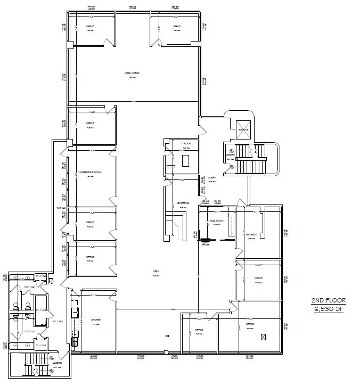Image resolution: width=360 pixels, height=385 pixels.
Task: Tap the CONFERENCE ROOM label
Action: click(x=90, y=173)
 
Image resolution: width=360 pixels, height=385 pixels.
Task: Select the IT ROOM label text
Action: click(x=186, y=144)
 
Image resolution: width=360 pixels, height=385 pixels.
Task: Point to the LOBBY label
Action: click(x=212, y=177)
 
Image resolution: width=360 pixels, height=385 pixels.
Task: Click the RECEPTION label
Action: click(x=183, y=203)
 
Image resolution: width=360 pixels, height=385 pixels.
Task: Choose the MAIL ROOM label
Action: click(x=216, y=220)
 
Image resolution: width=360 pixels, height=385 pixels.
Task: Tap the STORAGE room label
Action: click(x=251, y=234)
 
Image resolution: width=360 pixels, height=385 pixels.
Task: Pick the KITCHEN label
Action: click(x=96, y=320)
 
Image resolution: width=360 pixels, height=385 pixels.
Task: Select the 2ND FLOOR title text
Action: click(x=326, y=301)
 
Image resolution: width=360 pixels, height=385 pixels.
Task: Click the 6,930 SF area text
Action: click(x=326, y=309)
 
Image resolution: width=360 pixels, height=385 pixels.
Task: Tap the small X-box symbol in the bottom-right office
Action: click(x=263, y=337)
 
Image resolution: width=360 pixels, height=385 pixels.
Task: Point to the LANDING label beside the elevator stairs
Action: click(x=230, y=155)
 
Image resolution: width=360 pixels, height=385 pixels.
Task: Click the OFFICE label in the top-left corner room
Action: click(x=90, y=26)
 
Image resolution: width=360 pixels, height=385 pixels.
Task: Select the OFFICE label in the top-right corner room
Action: click(x=177, y=26)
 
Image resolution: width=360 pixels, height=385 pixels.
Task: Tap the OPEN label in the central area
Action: click(x=157, y=271)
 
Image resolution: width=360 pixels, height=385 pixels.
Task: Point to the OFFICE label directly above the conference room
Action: click(x=90, y=123)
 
